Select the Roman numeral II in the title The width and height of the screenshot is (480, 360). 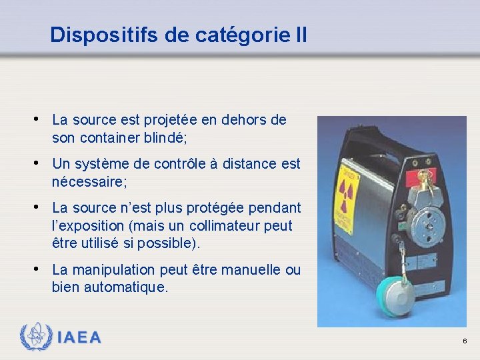coord(300,35)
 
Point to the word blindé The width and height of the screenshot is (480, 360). coord(166,137)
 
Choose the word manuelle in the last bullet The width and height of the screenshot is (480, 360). coord(250,270)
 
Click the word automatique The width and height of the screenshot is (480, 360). coord(126,287)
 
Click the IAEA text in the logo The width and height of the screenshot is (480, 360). coord(79,337)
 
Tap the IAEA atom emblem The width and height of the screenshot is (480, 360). coord(35,337)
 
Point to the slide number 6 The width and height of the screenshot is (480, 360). coord(465,341)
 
